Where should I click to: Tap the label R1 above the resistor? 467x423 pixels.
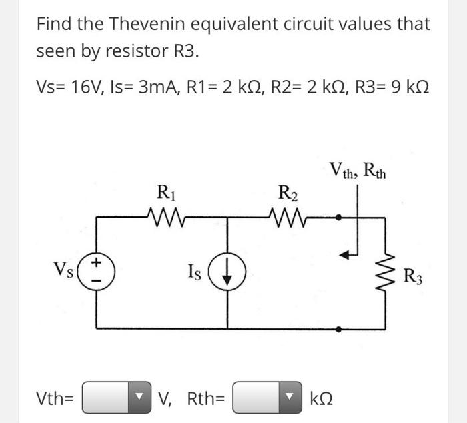pos(163,196)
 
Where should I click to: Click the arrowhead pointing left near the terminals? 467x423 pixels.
pos(345,254)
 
